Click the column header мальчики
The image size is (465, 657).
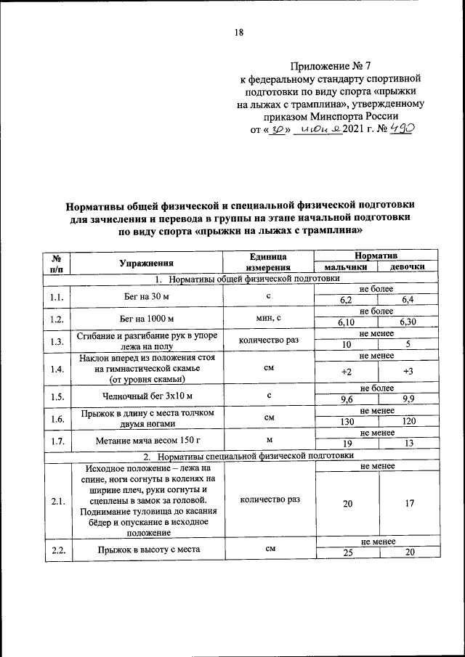pyautogui.click(x=345, y=267)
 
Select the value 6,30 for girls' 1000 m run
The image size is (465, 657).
pyautogui.click(x=408, y=322)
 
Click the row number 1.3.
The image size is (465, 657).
pyautogui.click(x=57, y=340)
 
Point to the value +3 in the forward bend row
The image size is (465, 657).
pyautogui.click(x=408, y=372)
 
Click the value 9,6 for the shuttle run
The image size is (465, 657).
pyautogui.click(x=347, y=400)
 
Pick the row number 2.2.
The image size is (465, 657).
pyautogui.click(x=57, y=550)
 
